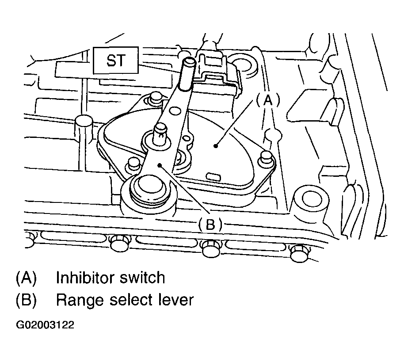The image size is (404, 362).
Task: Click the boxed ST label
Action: [116, 61]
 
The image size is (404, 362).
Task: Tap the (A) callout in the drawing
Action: [267, 101]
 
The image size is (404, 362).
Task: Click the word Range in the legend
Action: [78, 300]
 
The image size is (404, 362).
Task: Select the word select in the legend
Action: [130, 300]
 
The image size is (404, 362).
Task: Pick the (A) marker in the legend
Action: [26, 278]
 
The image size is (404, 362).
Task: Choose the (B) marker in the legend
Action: [26, 300]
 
